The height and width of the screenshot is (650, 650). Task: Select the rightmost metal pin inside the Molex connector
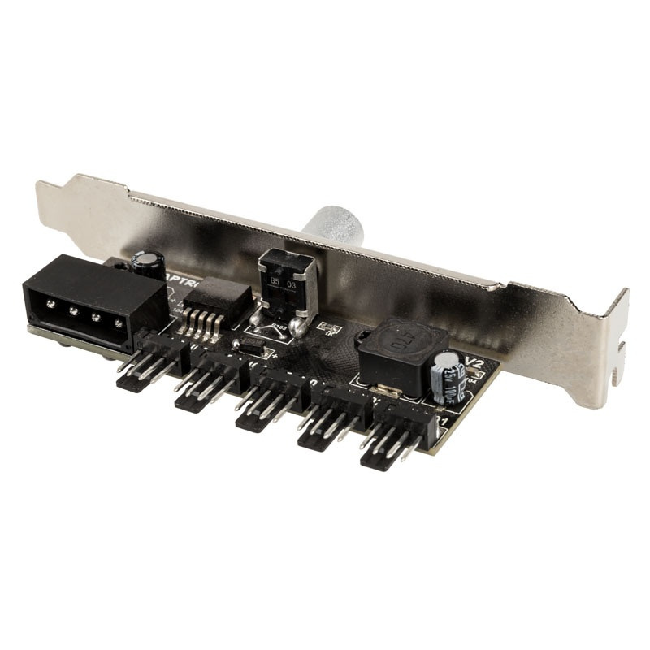tap(119, 324)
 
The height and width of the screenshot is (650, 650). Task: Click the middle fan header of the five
tap(268, 402)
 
